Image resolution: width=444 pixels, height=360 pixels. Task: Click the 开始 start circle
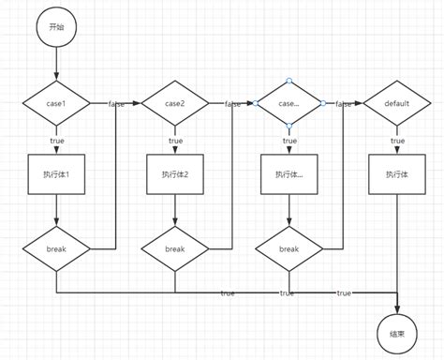(56, 28)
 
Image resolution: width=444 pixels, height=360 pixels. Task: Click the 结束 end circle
(398, 332)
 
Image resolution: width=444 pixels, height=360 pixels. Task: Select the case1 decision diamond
(56, 102)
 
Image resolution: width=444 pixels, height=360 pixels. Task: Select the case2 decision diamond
(175, 102)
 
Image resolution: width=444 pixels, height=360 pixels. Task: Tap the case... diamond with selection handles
(289, 102)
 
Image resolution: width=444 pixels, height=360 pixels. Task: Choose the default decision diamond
(398, 102)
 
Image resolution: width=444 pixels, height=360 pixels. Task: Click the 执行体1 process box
(56, 173)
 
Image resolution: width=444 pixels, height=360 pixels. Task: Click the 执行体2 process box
(175, 173)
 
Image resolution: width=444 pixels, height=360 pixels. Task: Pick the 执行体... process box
(289, 173)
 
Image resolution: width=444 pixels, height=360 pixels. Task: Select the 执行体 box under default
(398, 173)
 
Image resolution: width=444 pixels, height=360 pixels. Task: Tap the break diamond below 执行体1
(56, 249)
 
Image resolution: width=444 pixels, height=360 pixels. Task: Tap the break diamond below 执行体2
(175, 249)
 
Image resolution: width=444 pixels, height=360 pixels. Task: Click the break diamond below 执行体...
(289, 249)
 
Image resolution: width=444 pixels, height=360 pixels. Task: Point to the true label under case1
(56, 140)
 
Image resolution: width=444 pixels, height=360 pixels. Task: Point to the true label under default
(398, 140)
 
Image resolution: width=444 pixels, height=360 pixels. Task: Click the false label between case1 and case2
(117, 103)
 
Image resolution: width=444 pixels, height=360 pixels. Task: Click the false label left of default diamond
(344, 103)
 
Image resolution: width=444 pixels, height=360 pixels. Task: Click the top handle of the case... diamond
(289, 80)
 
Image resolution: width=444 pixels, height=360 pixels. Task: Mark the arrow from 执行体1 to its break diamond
(56, 210)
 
